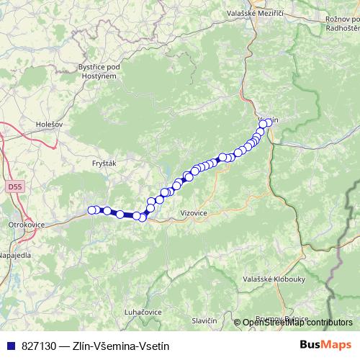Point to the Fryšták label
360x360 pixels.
pos(105,163)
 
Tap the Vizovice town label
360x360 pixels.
pos(194,214)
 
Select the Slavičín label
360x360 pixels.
pos(204,320)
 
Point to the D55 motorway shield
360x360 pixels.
pos(15,186)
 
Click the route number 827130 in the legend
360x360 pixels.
pos(39,346)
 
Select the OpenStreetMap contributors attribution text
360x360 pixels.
pos(298,323)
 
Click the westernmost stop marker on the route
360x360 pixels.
pos(91,210)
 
